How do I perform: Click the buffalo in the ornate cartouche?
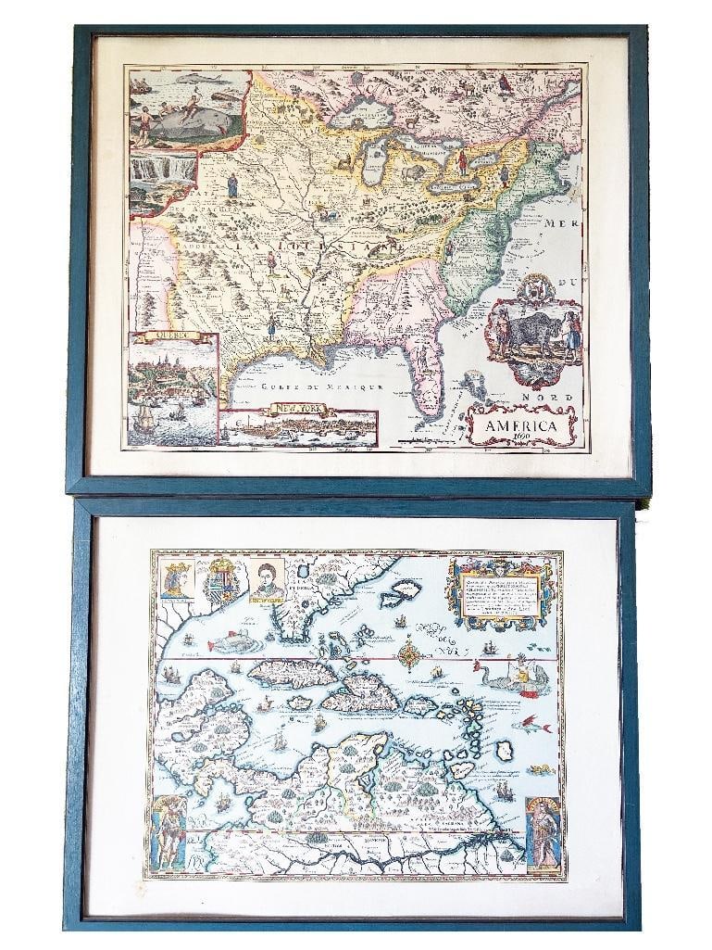point(531,332)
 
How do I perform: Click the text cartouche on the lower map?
point(500,594)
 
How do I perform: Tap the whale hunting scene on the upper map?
point(190,110)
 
